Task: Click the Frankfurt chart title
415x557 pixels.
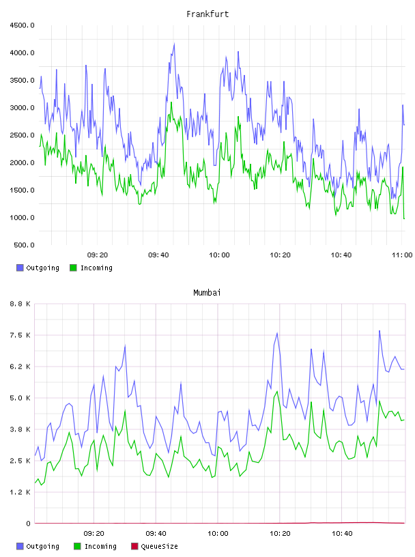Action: (207, 14)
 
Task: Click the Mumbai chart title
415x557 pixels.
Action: (207, 293)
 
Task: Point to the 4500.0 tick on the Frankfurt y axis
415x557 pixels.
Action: (23, 25)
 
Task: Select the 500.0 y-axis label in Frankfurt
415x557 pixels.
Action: (24, 245)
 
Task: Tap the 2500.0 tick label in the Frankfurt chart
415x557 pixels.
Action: (23, 135)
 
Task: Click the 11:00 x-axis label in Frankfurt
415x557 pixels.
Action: (402, 255)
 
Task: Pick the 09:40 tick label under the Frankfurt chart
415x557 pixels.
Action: (158, 255)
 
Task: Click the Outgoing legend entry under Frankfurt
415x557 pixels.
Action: (38, 268)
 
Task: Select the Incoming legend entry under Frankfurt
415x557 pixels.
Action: (91, 268)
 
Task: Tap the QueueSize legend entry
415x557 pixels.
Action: (154, 546)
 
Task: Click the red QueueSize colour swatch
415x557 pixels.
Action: (134, 546)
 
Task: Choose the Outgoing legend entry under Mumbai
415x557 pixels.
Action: (38, 546)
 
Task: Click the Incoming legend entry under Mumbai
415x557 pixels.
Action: (96, 546)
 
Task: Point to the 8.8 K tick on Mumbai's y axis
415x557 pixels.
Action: (20, 304)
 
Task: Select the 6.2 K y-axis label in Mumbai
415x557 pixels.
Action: (20, 367)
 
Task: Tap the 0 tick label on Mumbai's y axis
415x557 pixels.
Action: (28, 524)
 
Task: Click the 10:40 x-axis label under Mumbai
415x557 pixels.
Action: (342, 534)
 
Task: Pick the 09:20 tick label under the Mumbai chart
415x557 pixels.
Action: (94, 534)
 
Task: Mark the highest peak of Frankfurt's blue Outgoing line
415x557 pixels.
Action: (174, 44)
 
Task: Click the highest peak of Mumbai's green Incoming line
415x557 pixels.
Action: (277, 391)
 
